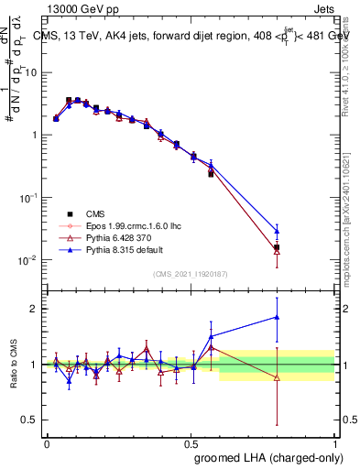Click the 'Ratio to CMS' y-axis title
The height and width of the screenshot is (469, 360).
pos(14,364)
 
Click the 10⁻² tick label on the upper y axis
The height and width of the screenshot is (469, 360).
pos(29,259)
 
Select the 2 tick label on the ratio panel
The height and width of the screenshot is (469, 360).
pos(35,309)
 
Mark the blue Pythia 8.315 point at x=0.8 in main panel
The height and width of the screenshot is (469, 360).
pos(277,231)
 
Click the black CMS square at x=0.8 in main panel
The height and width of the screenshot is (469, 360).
pos(277,247)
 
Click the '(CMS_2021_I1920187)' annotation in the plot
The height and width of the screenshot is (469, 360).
pos(191,274)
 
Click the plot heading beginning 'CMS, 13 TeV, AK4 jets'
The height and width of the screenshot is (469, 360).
pos(192,37)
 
